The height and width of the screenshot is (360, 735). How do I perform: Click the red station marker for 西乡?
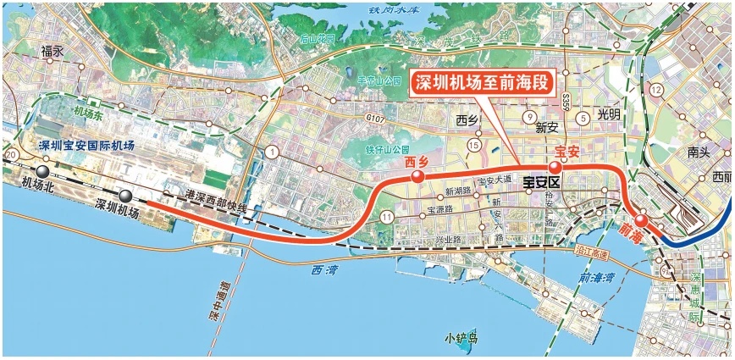pyautogui.click(x=417, y=177)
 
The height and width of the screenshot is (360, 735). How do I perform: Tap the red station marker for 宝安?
pyautogui.click(x=555, y=168)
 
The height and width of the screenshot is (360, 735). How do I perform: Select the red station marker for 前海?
pyautogui.click(x=642, y=221)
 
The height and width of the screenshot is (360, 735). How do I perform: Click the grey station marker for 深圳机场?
pyautogui.click(x=126, y=196)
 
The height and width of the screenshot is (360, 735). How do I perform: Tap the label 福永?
pyautogui.click(x=52, y=52)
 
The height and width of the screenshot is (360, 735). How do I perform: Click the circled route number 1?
pyautogui.click(x=272, y=152)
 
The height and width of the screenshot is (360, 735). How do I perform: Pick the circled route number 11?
pyautogui.click(x=386, y=218)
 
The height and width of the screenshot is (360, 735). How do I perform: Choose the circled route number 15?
pyautogui.click(x=473, y=147)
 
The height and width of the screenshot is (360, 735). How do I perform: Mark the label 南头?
pyautogui.click(x=699, y=153)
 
